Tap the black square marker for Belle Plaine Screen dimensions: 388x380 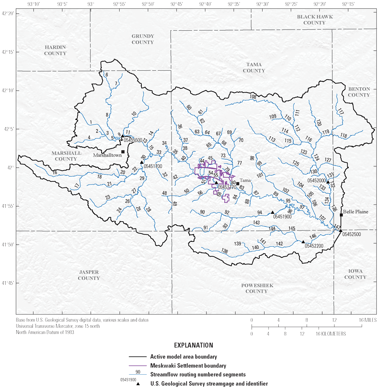(341, 215)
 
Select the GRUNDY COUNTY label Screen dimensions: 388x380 (143, 39)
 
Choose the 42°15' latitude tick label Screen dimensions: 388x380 (8, 52)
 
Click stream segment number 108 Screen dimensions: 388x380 (253, 96)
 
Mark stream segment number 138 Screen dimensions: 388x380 (224, 251)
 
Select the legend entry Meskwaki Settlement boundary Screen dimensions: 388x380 (188, 366)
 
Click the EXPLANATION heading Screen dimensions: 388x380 (190, 345)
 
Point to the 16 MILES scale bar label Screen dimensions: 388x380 (367, 320)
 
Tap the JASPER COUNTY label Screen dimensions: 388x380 (89, 275)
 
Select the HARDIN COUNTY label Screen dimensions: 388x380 (55, 50)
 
